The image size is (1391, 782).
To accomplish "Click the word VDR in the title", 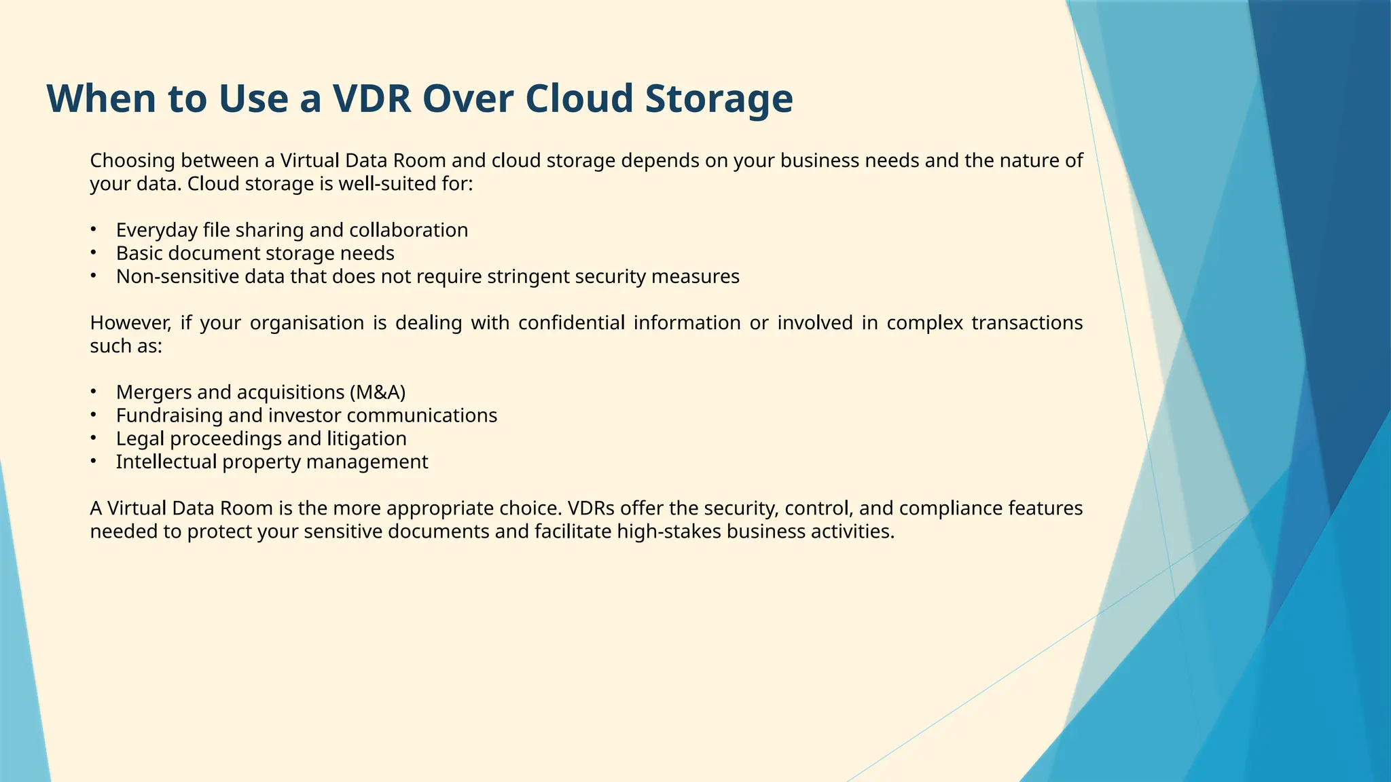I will coord(372,98).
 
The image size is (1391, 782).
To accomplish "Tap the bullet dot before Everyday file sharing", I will coord(94,229).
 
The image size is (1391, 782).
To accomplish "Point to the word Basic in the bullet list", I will coord(139,253).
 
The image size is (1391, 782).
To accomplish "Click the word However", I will coord(130,322).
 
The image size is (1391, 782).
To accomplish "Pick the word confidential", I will coord(571,322).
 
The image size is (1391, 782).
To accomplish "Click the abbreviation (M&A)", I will coord(378,392).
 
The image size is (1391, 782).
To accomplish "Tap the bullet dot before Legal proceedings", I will coord(94,438).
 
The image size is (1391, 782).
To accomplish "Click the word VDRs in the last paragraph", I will coord(591,508).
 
